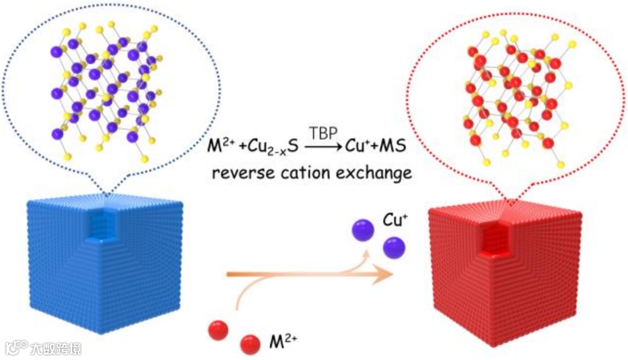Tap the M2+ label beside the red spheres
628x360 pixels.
click(283, 341)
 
